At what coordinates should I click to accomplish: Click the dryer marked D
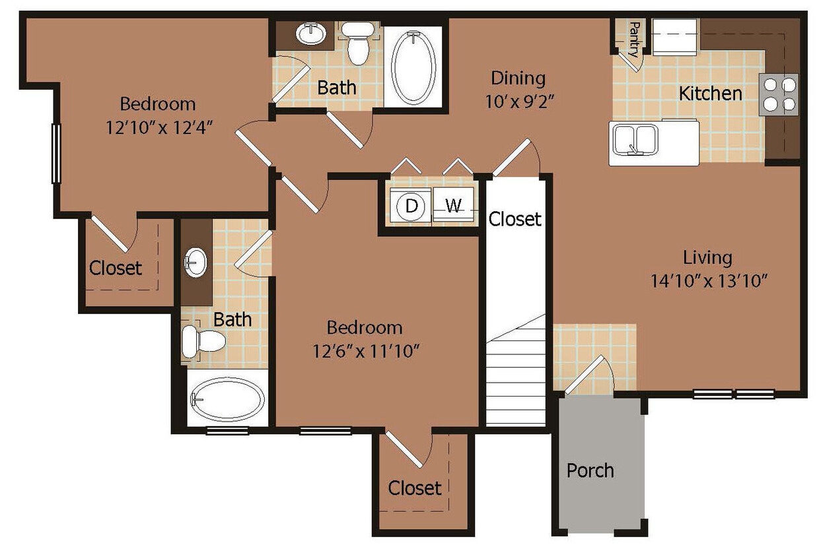[x=411, y=206]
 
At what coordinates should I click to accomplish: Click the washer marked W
[x=454, y=206]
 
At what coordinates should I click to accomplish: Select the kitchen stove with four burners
[x=779, y=94]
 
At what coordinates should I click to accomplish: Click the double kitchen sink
[x=633, y=139]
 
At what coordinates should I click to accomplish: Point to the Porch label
[x=590, y=470]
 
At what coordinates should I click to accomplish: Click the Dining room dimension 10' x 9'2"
[x=518, y=102]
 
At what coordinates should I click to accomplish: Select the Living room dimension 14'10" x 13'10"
[x=707, y=281]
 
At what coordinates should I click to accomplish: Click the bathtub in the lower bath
[x=227, y=399]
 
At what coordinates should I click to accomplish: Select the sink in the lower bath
[x=196, y=263]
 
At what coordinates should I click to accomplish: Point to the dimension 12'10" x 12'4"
[x=159, y=127]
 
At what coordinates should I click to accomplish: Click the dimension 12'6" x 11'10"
[x=365, y=350]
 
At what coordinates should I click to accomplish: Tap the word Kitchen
[x=711, y=93]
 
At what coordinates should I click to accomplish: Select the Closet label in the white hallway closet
[x=515, y=218]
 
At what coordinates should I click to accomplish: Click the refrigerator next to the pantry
[x=675, y=37]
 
